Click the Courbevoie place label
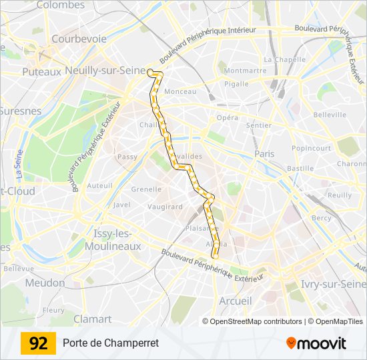pyautogui.click(x=79, y=39)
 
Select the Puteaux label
pyautogui.click(x=41, y=71)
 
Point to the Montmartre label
pyautogui.click(x=245, y=71)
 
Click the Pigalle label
pyautogui.click(x=236, y=84)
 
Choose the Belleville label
pyautogui.click(x=330, y=115)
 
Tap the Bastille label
pyautogui.click(x=300, y=169)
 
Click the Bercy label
pyautogui.click(x=321, y=218)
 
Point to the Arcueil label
pyautogui.click(x=236, y=301)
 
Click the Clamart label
pyautogui.click(x=92, y=319)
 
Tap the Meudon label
pyautogui.click(x=45, y=283)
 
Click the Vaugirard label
pyautogui.click(x=165, y=207)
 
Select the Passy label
pyautogui.click(x=127, y=157)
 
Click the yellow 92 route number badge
pyautogui.click(x=39, y=343)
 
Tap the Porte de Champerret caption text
pyautogui.click(x=111, y=343)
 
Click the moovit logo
pyautogui.click(x=316, y=343)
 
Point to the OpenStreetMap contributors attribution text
pyautogui.click(x=256, y=321)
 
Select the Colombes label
pyautogui.click(x=61, y=5)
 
